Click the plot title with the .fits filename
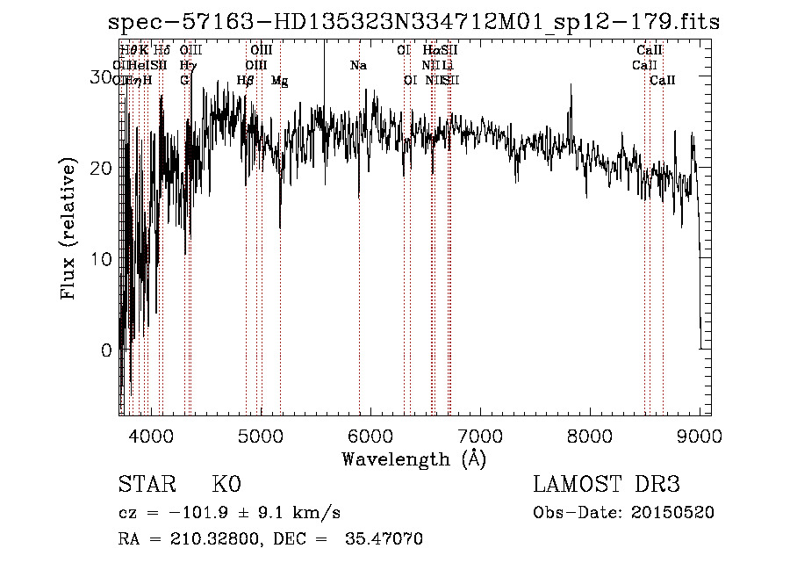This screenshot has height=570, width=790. [x=413, y=22]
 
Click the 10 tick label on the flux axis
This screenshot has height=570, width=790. [x=102, y=259]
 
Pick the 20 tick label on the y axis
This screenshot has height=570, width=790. [x=102, y=168]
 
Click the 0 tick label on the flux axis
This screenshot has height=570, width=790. [x=106, y=350]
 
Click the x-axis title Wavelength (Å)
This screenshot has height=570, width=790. [x=413, y=458]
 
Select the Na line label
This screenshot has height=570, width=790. [x=358, y=66]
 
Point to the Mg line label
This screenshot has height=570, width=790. [x=279, y=81]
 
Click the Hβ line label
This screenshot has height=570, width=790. [x=246, y=81]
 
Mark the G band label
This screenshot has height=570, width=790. [x=184, y=81]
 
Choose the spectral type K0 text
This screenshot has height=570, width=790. [x=226, y=485]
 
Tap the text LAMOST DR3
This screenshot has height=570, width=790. [x=607, y=485]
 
